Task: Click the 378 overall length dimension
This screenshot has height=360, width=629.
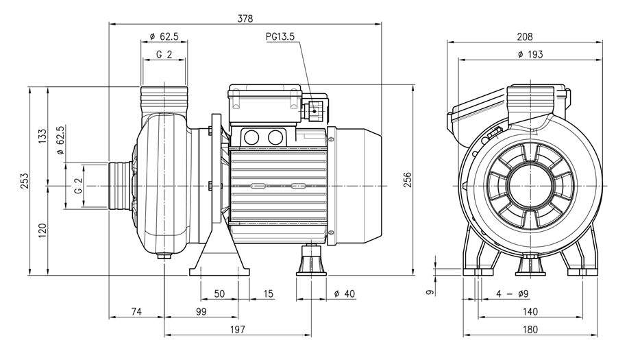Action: [245, 19]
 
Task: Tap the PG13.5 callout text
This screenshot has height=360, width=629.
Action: [280, 36]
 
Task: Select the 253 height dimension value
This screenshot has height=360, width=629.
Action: [25, 181]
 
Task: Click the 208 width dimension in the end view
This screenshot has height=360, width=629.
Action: [525, 37]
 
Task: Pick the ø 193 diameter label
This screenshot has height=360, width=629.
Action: [530, 54]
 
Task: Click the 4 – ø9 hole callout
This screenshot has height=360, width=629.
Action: [513, 293]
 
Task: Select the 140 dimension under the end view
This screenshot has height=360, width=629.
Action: [530, 311]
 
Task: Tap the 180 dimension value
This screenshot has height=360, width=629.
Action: [530, 330]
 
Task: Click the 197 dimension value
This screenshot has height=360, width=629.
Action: [238, 330]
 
